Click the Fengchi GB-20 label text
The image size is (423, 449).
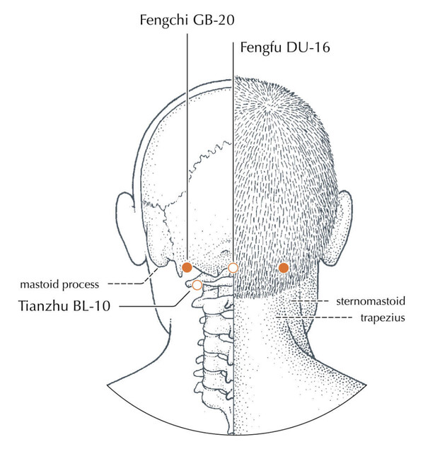(187, 21)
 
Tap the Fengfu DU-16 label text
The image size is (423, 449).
(285, 47)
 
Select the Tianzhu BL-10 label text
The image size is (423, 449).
(64, 306)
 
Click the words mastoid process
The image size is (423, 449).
(59, 285)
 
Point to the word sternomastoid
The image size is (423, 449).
(371, 301)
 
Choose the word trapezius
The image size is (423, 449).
(383, 318)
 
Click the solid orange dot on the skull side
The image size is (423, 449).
(187, 267)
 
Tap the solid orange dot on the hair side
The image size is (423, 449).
(284, 268)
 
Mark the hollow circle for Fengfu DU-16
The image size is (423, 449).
(233, 268)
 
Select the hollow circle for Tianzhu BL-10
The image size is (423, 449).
(197, 285)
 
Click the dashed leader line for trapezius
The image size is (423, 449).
(314, 317)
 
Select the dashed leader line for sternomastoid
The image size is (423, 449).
(310, 301)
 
